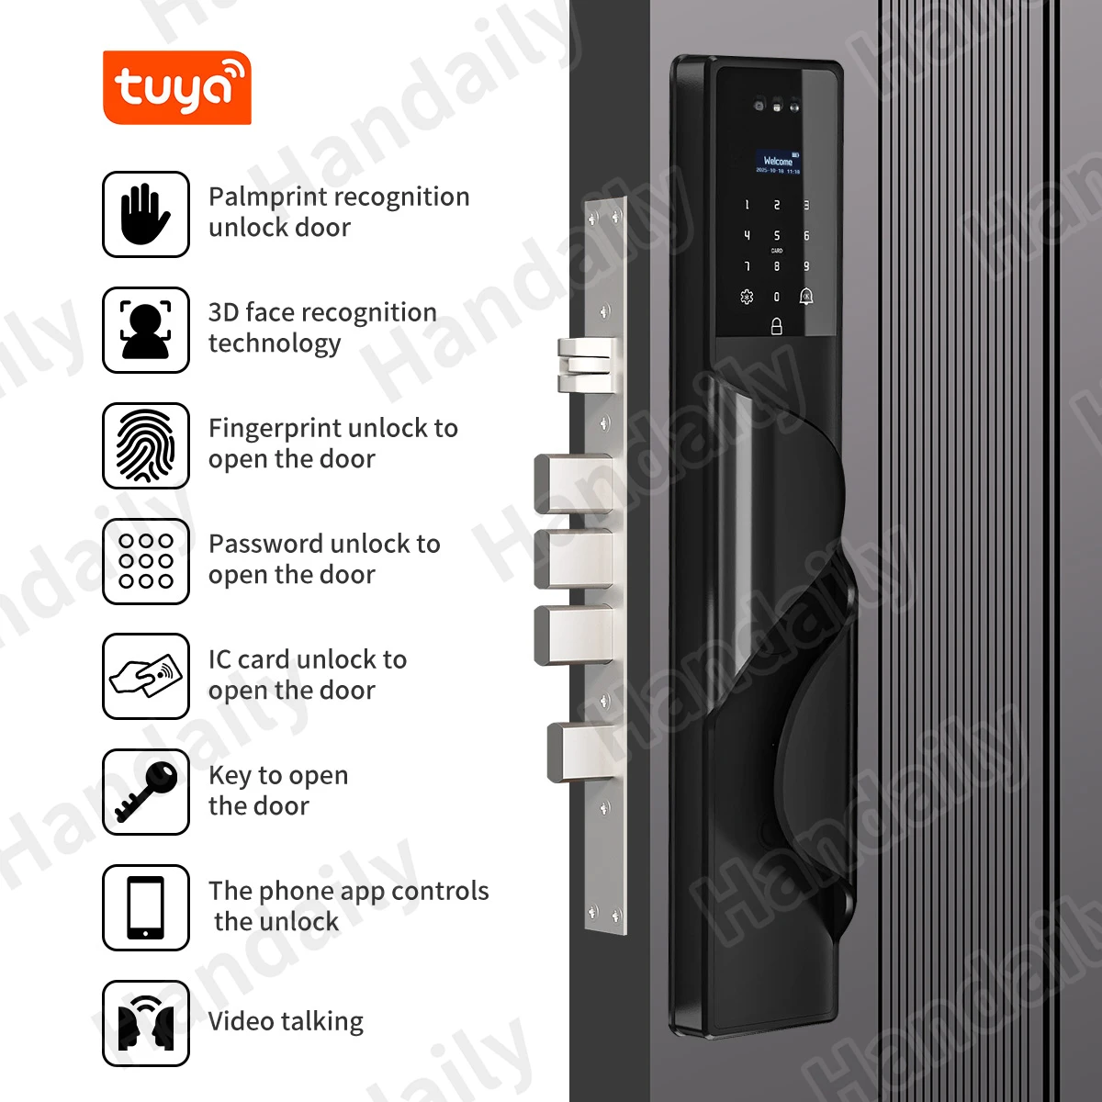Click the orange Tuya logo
tap(176, 88)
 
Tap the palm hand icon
tap(146, 214)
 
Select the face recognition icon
tap(146, 330)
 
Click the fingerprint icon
tap(146, 445)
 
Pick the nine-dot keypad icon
tap(146, 561)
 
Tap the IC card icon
tap(146, 677)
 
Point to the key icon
tap(146, 793)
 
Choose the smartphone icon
tap(146, 907)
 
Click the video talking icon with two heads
tap(146, 1023)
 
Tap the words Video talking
tap(286, 1021)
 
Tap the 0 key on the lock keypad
tap(777, 297)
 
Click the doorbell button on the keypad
tap(806, 296)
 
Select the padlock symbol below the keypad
tap(777, 326)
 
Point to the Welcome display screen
tap(777, 163)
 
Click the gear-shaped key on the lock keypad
tap(747, 297)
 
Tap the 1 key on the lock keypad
tap(747, 206)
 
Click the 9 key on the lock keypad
tap(806, 266)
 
